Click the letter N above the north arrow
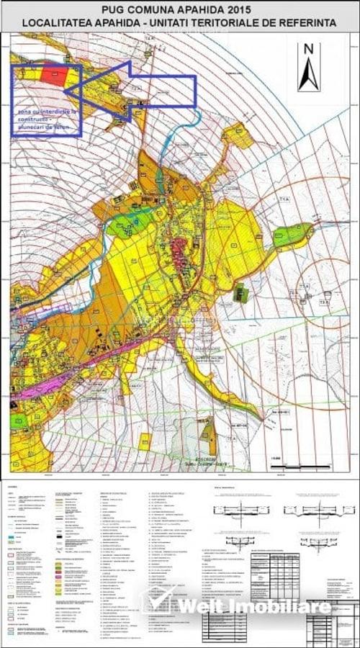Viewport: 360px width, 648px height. coord(309,49)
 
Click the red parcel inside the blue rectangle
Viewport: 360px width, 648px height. coord(53,74)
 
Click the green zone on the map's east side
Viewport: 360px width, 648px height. coord(293,234)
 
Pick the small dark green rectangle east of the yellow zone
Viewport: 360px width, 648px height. coord(241,293)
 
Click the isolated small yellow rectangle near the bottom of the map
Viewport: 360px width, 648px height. coord(145,441)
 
